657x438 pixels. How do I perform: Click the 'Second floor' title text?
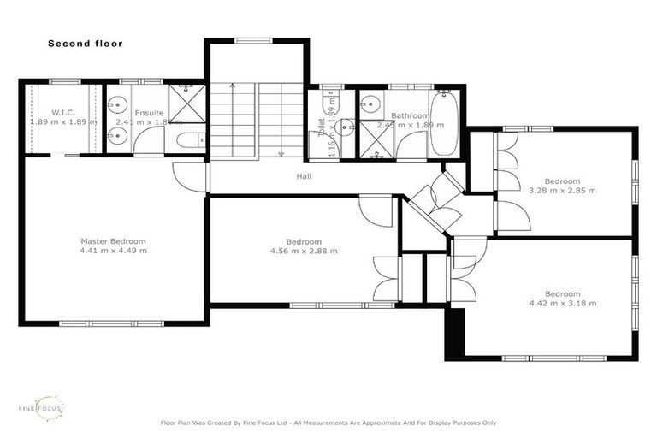85,43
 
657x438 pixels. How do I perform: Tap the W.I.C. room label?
63,112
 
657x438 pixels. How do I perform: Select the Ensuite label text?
149,112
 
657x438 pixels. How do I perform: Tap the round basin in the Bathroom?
370,104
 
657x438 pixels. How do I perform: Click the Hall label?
304,176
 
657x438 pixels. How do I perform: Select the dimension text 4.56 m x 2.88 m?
304,251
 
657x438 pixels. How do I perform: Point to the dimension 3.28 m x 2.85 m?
562,190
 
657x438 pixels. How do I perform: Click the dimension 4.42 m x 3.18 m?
562,303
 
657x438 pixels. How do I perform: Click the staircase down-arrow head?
281,154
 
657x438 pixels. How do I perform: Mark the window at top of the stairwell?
254,39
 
